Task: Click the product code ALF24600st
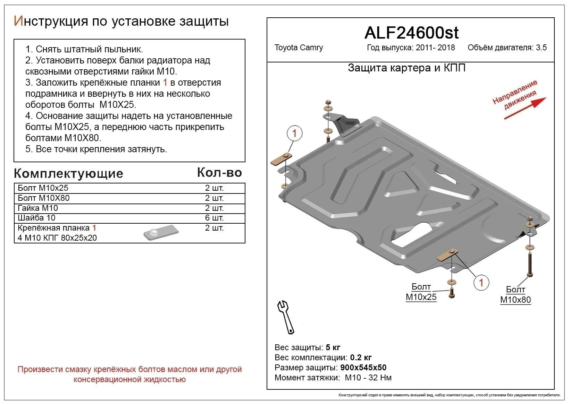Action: click(411, 33)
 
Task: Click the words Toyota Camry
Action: click(299, 48)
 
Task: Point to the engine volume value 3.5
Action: click(541, 48)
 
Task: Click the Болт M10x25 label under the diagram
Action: click(421, 292)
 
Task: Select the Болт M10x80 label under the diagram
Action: click(515, 295)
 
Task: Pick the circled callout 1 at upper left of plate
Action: click(294, 133)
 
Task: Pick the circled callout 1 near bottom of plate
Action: click(481, 283)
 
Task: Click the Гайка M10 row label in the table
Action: click(38, 208)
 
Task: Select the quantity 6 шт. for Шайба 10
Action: click(214, 218)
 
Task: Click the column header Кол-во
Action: click(219, 173)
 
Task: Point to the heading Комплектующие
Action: click(68, 173)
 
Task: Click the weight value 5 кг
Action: click(333, 347)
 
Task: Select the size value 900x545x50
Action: click(363, 368)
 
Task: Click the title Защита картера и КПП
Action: click(406, 68)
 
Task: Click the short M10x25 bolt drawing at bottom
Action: click(451, 292)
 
